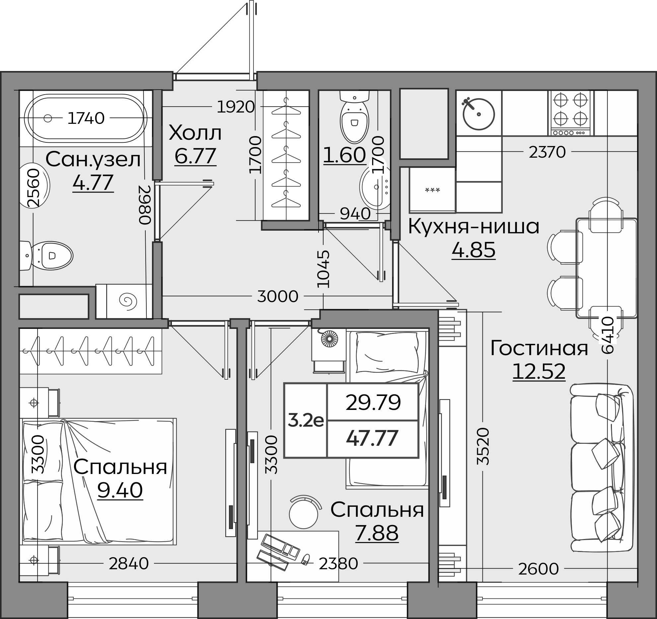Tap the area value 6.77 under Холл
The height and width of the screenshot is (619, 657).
(x=195, y=156)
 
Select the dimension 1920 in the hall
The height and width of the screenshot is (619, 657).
(x=236, y=107)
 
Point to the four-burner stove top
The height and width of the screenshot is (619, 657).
(x=571, y=113)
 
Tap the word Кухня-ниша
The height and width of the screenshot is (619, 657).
(x=474, y=227)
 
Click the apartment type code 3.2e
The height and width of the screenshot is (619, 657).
(x=306, y=421)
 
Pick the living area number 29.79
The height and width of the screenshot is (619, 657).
(x=373, y=403)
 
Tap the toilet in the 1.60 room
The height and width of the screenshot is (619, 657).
(x=354, y=116)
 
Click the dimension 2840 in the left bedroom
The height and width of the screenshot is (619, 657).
(x=129, y=563)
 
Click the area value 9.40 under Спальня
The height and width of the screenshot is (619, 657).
(x=120, y=490)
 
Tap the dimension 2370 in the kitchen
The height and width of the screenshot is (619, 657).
(x=547, y=152)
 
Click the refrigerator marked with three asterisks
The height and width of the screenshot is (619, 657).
(x=432, y=190)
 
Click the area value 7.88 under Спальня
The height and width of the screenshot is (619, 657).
(x=377, y=533)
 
